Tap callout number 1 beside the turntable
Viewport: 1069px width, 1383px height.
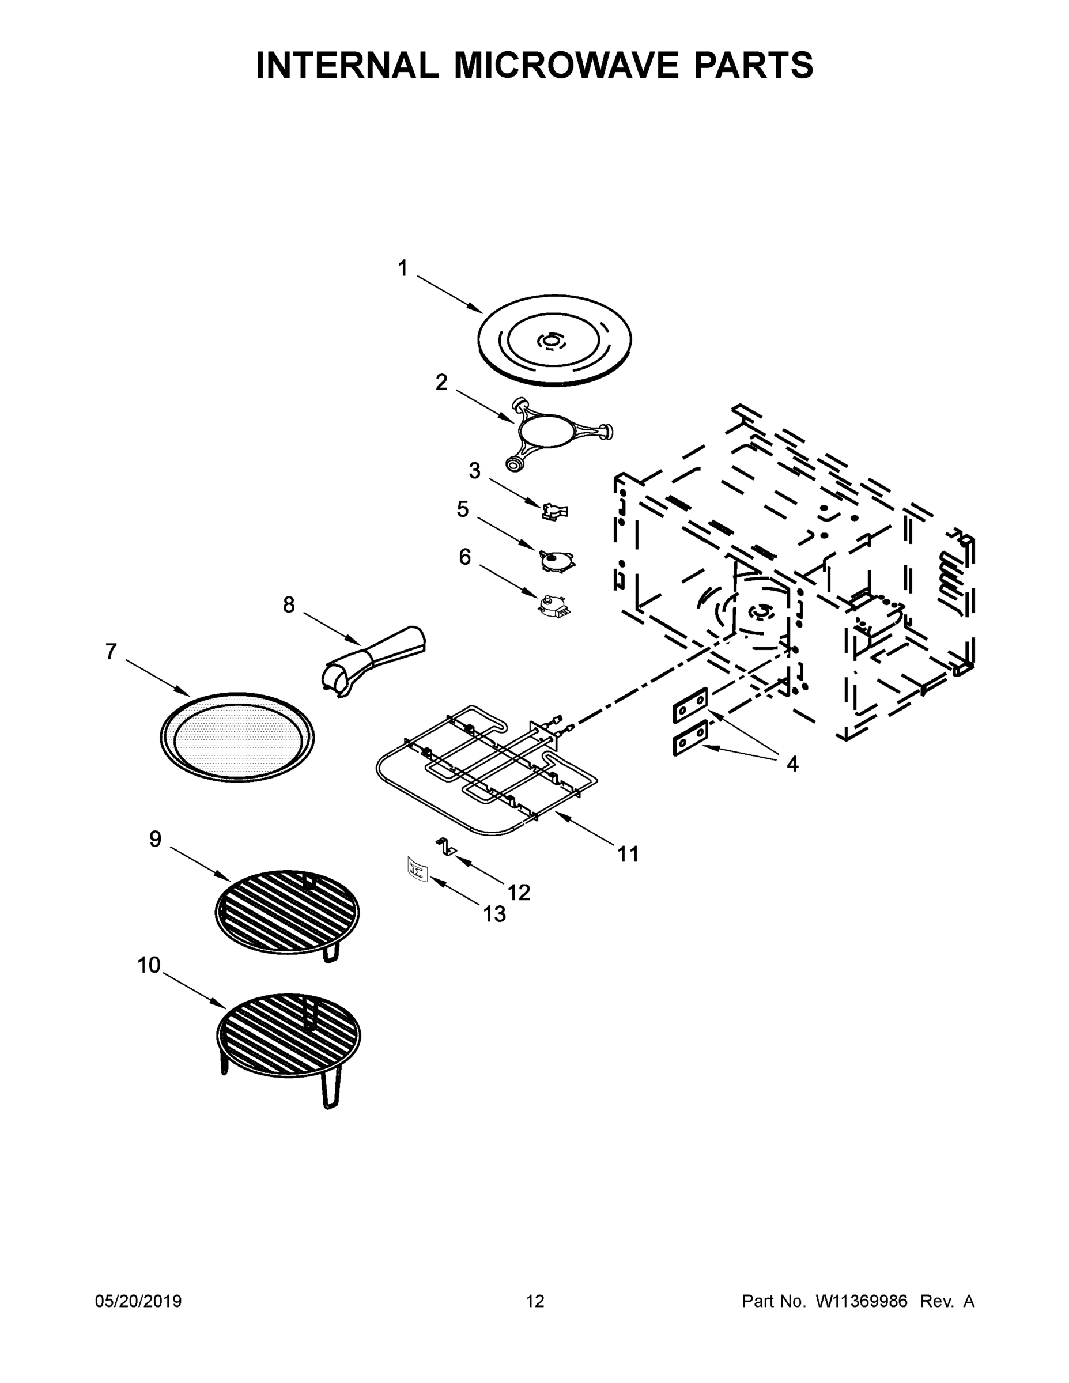point(403,269)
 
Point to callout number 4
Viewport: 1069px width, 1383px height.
point(792,764)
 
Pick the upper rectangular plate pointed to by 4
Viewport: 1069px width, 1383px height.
point(690,705)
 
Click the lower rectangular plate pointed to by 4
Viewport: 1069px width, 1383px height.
point(690,737)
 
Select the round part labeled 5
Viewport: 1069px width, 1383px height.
point(557,560)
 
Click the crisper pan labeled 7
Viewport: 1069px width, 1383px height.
point(237,736)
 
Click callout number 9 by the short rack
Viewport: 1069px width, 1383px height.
point(155,839)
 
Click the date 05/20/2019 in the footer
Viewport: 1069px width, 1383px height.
point(138,1301)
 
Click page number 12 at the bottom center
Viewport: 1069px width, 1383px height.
point(535,1301)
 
